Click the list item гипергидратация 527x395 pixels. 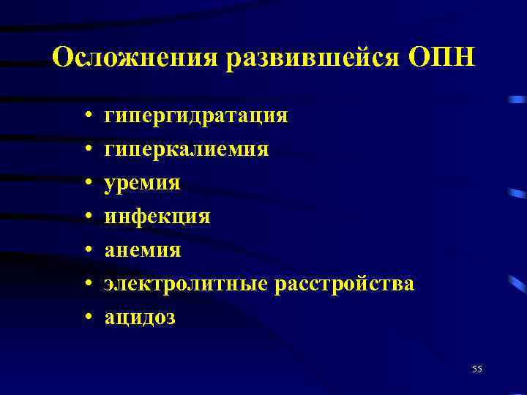coord(196,116)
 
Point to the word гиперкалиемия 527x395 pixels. coord(186,149)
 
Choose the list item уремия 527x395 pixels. coord(142,183)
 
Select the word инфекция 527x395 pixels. coord(157,217)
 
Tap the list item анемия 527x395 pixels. coord(142,250)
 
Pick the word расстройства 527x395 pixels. coord(344,284)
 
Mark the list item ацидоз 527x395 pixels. coord(140,317)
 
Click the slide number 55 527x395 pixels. coord(477,369)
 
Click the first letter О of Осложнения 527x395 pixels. coord(63,57)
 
